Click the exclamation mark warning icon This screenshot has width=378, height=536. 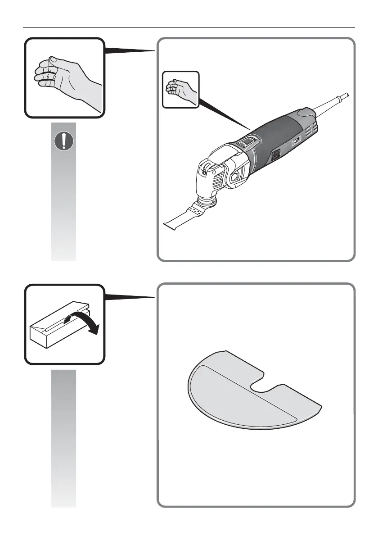pos(64,141)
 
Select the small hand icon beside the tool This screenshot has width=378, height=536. pos(180,89)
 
